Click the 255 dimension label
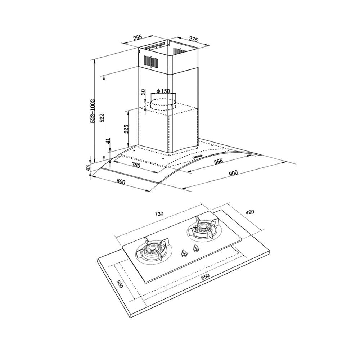[138, 38]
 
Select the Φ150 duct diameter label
[163, 91]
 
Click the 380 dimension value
[136, 165]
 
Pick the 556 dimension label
[219, 161]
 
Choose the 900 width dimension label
[233, 173]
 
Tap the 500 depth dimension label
[121, 181]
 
